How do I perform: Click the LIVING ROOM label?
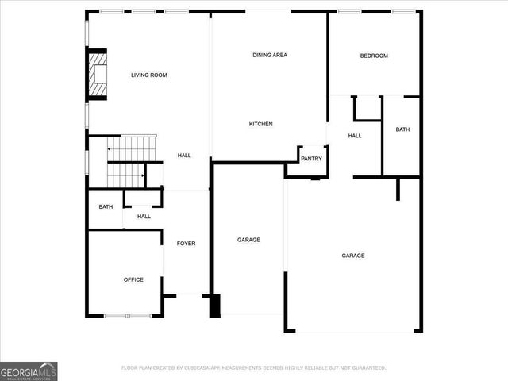tap(148, 75)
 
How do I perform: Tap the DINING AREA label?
tap(270, 55)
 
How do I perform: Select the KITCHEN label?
tap(261, 124)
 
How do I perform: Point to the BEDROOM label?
tap(374, 56)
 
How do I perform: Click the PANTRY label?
tap(311, 158)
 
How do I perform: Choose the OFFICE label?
tap(133, 279)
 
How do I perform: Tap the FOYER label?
tap(186, 243)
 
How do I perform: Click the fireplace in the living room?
tap(98, 75)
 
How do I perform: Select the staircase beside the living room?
tap(125, 161)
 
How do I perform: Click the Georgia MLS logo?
tap(29, 371)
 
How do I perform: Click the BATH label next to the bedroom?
tap(402, 129)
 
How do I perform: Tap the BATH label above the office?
tap(106, 207)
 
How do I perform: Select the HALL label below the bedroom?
tap(355, 136)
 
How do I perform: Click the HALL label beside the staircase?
tap(184, 156)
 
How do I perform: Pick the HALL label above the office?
tap(144, 216)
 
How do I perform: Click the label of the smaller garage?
tap(248, 240)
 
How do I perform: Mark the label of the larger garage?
tap(353, 256)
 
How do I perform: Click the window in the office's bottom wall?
tap(127, 316)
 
